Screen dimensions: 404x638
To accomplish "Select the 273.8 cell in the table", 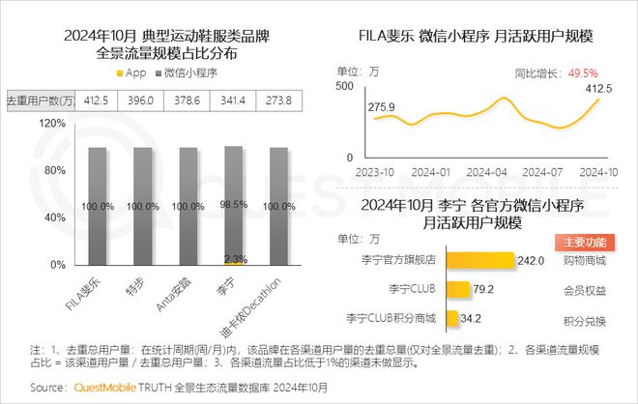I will pos(278,100).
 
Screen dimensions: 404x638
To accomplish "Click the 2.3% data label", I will pos(233,258).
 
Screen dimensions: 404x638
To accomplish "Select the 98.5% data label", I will pos(233,206).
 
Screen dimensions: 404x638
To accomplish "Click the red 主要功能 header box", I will pos(585,243).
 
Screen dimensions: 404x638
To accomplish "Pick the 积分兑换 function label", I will pos(584,320).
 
